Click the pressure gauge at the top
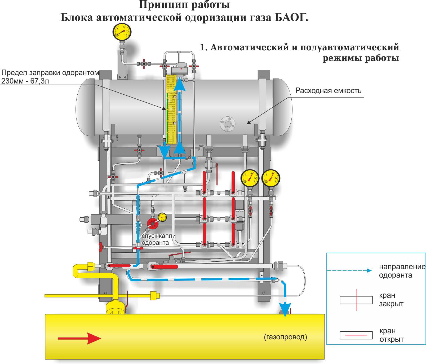(122, 32)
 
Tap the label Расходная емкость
(328, 91)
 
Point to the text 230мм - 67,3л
(25, 81)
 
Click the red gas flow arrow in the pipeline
(79, 338)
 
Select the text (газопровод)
(285, 337)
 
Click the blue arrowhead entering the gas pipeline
(285, 309)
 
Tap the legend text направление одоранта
(401, 271)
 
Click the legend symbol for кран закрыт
(356, 300)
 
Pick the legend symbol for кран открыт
(356, 335)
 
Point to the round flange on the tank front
(228, 124)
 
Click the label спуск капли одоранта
(158, 239)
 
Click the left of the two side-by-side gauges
(250, 178)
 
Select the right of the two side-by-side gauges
(270, 178)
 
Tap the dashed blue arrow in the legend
(350, 270)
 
